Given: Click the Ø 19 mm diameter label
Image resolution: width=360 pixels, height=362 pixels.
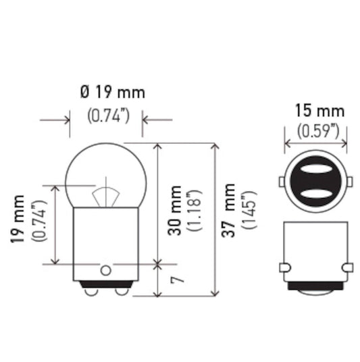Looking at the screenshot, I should [111, 93].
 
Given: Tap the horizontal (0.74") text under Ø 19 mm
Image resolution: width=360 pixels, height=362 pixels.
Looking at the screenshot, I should [109, 115].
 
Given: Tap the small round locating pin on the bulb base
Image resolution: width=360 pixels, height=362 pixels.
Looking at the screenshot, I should [105, 270].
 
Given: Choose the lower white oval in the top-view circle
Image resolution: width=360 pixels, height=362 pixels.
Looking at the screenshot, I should [315, 194].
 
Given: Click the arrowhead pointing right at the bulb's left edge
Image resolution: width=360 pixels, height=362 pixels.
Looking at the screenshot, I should [67, 121].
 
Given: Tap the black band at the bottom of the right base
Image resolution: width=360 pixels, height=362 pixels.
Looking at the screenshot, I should [315, 286].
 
